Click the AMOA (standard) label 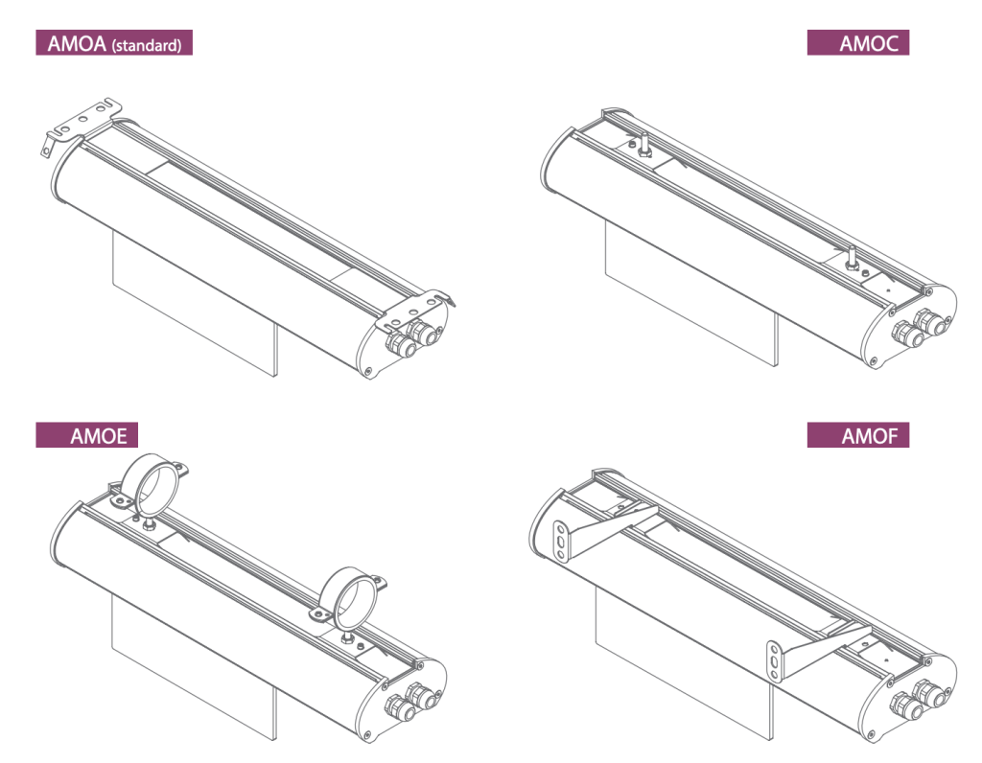(114, 42)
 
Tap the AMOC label (858, 42)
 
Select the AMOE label (86, 435)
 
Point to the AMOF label (858, 435)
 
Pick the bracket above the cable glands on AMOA (413, 311)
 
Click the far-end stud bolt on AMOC (643, 145)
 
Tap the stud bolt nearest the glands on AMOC (852, 259)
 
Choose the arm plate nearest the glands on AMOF (814, 651)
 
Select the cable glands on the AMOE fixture (412, 701)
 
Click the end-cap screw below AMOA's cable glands (367, 371)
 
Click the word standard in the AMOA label (147, 45)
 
